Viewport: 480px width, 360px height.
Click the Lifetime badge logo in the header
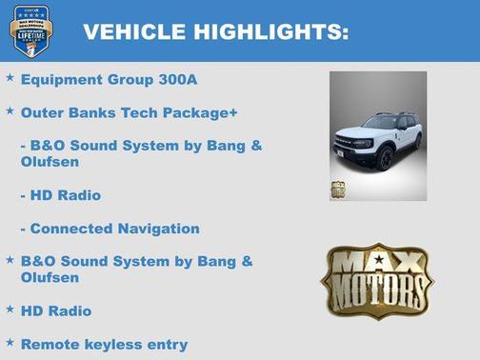point(30,30)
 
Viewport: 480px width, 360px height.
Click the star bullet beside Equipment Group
point(10,77)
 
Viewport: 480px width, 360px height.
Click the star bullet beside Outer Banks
point(10,110)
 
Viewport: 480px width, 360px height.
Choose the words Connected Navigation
point(115,229)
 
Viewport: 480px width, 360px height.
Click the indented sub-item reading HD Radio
point(66,195)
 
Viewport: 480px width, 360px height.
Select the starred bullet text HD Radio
point(56,310)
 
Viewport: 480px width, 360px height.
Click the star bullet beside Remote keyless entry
point(10,342)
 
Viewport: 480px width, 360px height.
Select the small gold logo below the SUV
point(338,189)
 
